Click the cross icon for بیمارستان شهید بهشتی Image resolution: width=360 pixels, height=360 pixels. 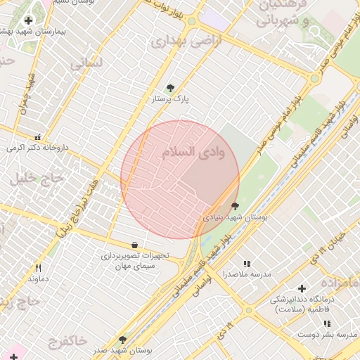(x=28, y=21)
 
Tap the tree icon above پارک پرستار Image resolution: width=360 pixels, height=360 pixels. (x=170, y=88)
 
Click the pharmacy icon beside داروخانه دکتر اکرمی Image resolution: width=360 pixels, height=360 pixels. (x=38, y=137)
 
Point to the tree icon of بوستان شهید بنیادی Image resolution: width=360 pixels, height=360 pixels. (x=234, y=207)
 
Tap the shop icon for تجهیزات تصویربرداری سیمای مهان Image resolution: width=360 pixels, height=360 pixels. (x=134, y=245)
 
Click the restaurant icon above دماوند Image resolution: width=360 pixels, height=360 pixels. (x=38, y=268)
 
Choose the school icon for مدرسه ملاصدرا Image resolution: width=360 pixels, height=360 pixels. (x=246, y=263)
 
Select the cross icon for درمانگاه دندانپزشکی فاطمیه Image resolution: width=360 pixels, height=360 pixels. (x=302, y=288)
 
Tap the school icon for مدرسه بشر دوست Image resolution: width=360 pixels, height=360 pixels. (x=327, y=323)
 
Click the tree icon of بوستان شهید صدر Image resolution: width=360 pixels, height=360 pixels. (x=122, y=340)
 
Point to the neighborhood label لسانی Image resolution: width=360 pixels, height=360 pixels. (x=86, y=63)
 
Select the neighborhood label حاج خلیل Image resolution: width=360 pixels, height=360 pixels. (x=37, y=179)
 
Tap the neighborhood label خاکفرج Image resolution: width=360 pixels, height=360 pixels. (x=68, y=342)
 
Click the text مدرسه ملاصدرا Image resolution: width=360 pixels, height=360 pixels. (x=246, y=274)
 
